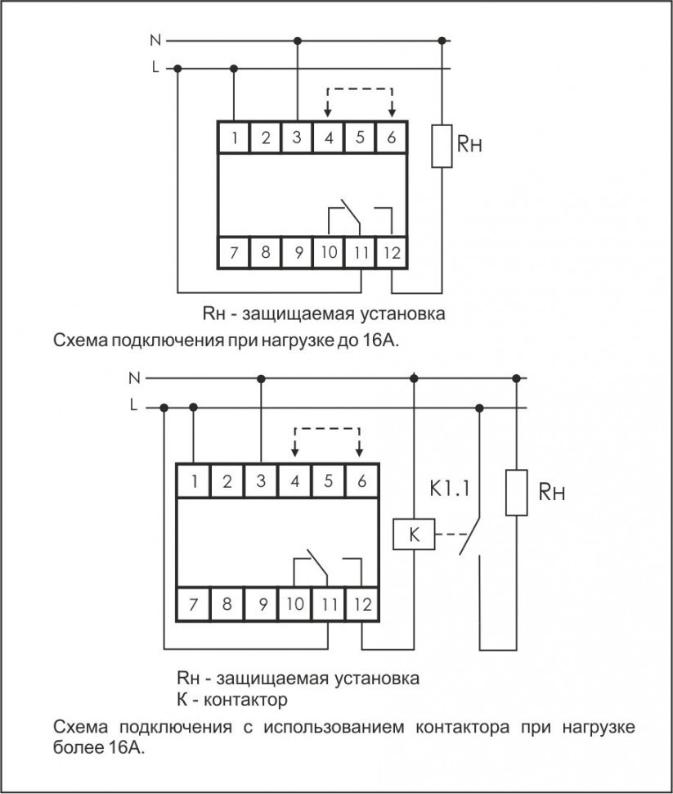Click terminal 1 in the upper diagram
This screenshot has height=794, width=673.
(234, 138)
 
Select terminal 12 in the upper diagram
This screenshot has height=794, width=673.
(392, 252)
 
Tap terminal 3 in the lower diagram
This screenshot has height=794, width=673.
(261, 480)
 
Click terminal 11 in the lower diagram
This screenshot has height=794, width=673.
(328, 606)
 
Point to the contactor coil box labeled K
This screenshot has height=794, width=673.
(414, 536)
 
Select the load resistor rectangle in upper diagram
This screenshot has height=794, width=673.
(442, 146)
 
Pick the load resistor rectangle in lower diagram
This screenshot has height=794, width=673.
(516, 492)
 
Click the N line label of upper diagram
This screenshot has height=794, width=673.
(155, 39)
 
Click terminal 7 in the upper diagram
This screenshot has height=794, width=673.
(234, 252)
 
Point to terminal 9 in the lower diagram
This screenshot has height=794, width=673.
(261, 606)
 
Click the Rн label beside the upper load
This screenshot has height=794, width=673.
(469, 147)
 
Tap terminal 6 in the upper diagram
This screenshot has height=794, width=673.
(392, 138)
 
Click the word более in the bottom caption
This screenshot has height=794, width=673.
(77, 748)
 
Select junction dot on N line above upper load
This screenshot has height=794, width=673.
(442, 39)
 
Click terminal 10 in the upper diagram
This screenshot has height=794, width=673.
(329, 252)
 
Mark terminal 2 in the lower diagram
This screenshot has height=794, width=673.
(227, 480)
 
